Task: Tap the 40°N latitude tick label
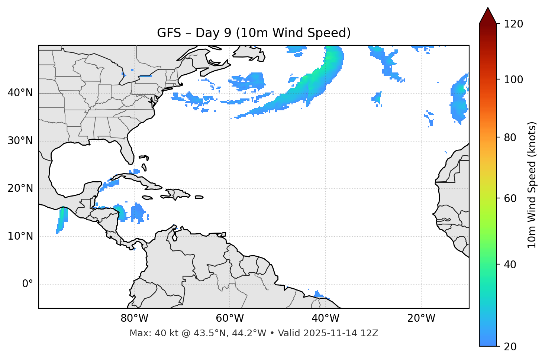click(x=20, y=93)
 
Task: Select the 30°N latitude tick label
click(x=20, y=141)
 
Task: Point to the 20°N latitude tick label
click(x=20, y=188)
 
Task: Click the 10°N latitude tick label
click(x=20, y=236)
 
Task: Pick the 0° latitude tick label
click(x=28, y=284)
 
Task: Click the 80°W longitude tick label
click(x=134, y=318)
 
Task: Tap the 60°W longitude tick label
click(x=230, y=318)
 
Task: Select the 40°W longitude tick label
click(x=325, y=318)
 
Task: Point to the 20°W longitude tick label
click(x=421, y=318)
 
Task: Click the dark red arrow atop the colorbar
click(x=488, y=16)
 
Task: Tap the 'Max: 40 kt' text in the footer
click(x=146, y=333)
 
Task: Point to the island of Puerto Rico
click(x=199, y=197)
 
